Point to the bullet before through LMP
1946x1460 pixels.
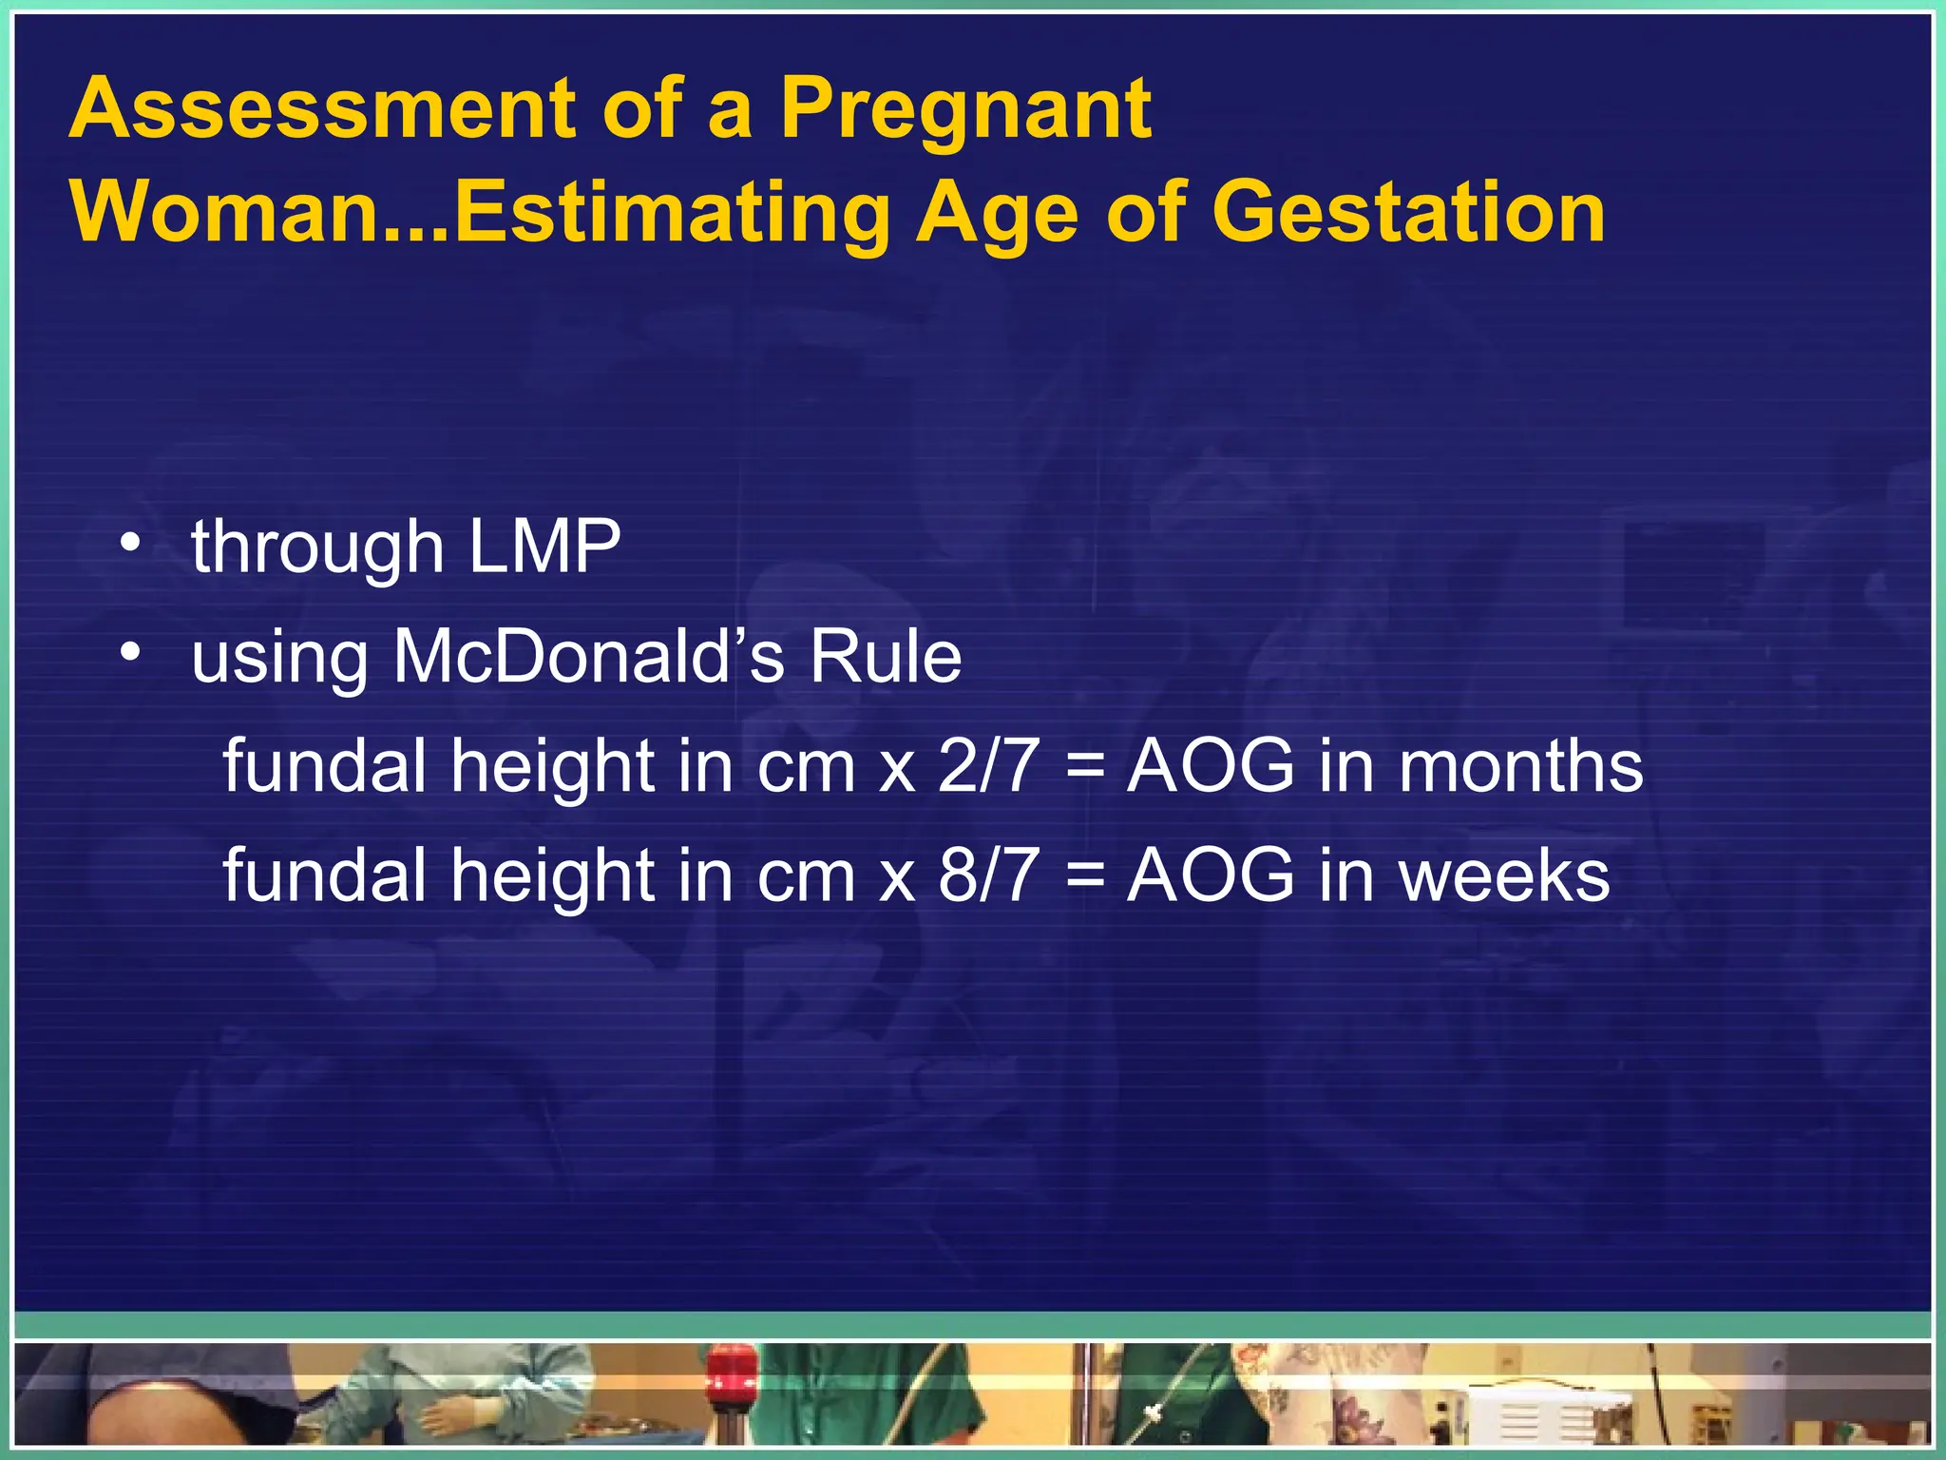(x=130, y=544)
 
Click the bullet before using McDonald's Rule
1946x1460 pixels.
(x=130, y=653)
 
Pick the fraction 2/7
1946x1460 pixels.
(x=987, y=766)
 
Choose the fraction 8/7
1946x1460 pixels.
(x=987, y=875)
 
